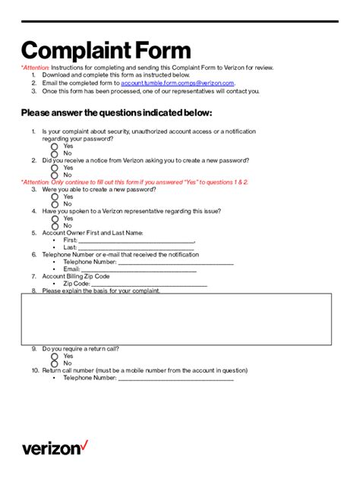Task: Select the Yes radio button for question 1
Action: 55,146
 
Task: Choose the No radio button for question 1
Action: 55,153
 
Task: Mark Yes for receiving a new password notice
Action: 55,168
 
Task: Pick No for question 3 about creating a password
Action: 55,204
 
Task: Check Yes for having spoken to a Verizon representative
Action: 55,219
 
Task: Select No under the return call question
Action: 55,363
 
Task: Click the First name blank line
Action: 137,241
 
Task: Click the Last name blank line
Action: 137,248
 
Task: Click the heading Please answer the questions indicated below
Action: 116,113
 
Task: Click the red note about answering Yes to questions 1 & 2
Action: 134,183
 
